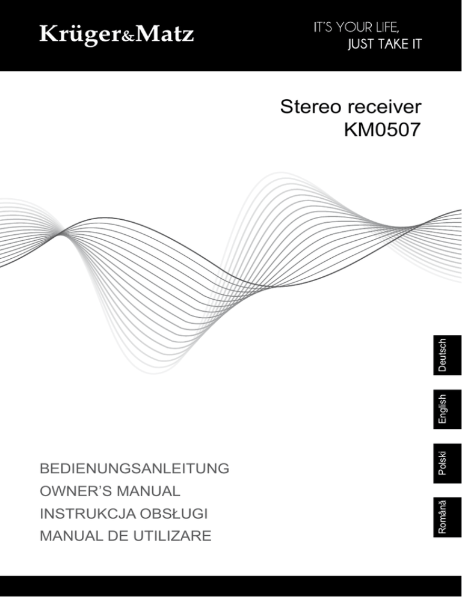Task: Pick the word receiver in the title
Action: click(x=385, y=109)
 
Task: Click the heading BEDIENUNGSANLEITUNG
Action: click(x=134, y=468)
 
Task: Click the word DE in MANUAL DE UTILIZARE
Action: click(x=114, y=536)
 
